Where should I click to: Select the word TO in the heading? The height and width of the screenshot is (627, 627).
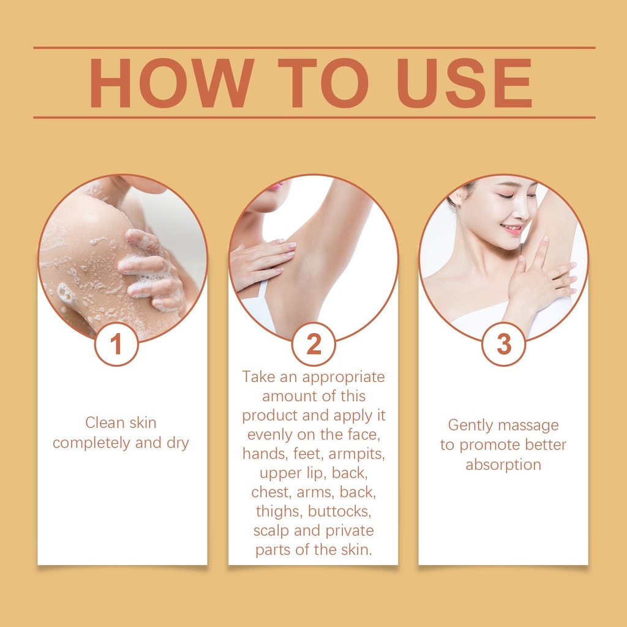323,83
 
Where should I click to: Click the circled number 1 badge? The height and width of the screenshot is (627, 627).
116,344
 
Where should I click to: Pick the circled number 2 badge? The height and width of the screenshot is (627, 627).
313,344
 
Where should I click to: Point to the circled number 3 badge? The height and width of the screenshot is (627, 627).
503,344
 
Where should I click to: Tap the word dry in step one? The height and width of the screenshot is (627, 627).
178,443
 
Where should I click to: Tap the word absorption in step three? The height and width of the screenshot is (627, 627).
503,465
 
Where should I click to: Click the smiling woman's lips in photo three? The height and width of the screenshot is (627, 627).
512,229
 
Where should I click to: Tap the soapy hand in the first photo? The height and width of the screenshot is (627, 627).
152,269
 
